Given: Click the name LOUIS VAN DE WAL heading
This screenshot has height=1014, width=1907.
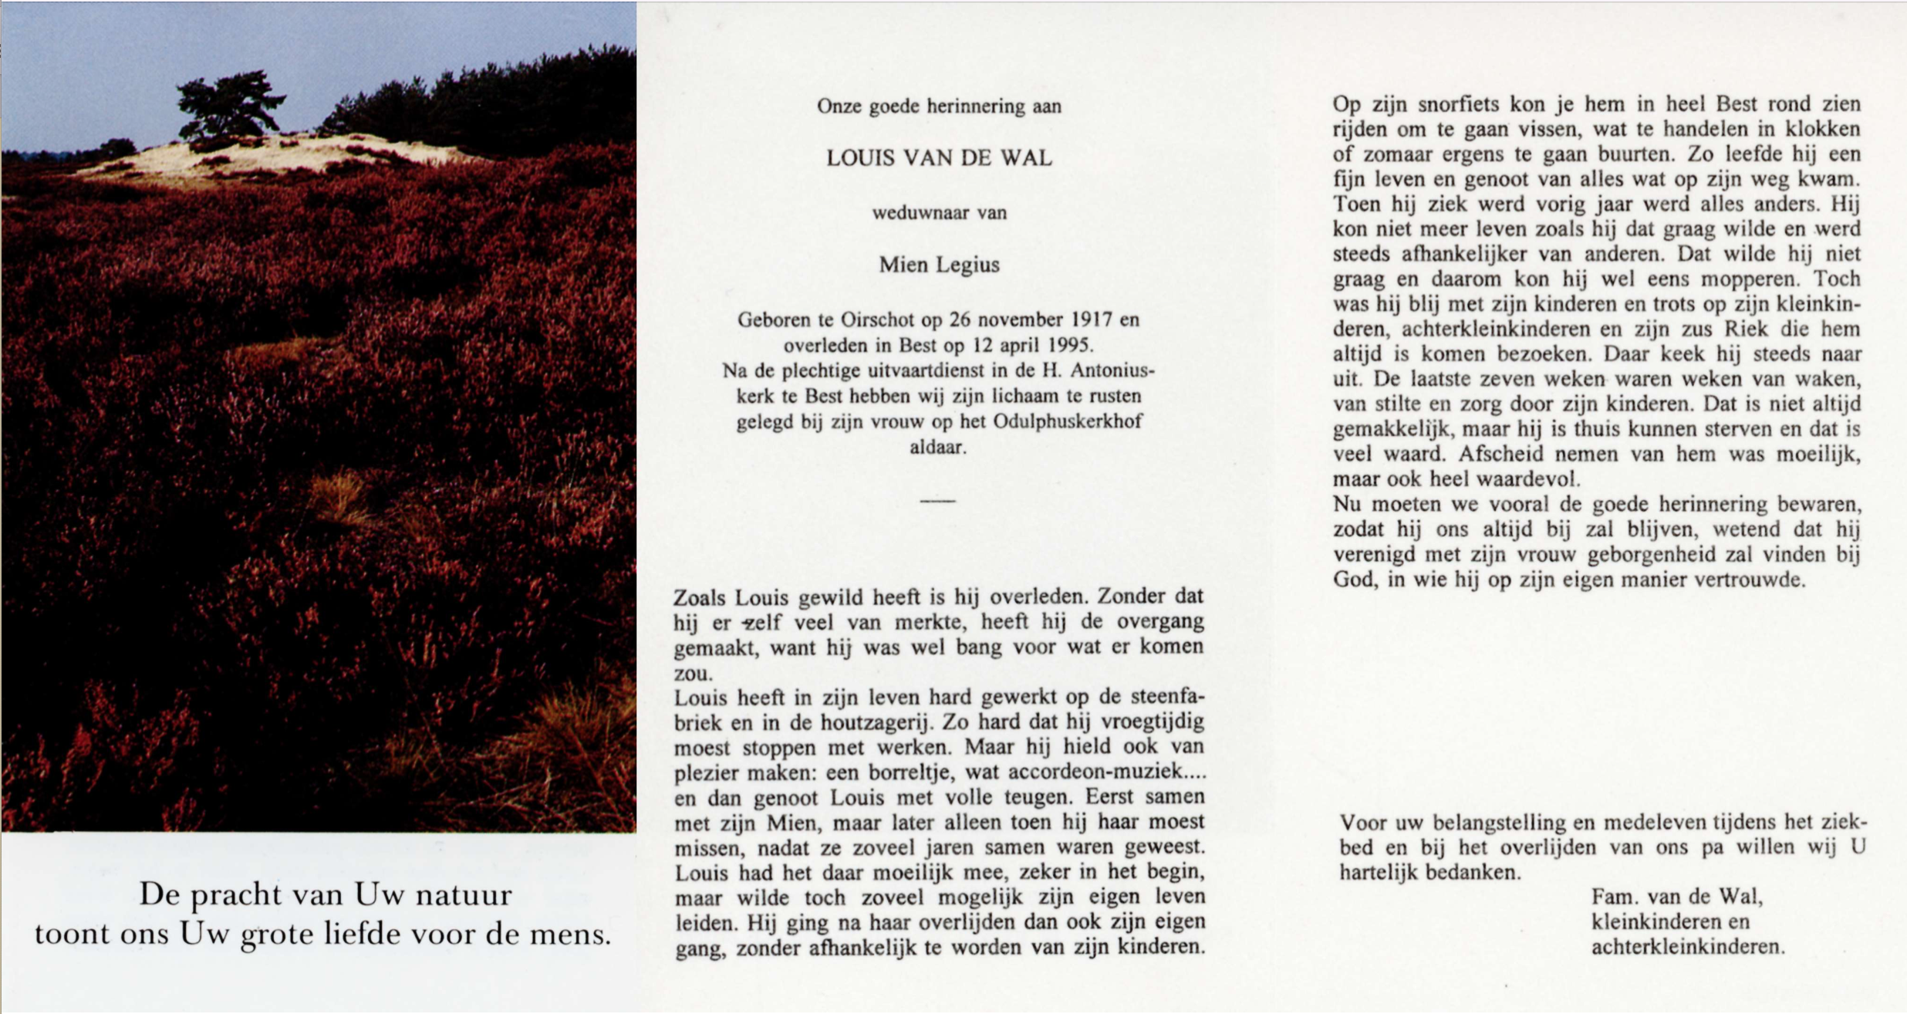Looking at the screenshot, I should pos(939,158).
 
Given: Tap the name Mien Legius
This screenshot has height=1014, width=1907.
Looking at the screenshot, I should pos(939,265).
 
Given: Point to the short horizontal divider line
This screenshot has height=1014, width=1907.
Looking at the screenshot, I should pos(937,501).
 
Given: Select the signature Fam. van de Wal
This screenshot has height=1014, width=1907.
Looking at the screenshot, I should pos(1677,896).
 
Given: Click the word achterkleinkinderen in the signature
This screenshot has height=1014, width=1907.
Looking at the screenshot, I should pos(1687,946).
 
